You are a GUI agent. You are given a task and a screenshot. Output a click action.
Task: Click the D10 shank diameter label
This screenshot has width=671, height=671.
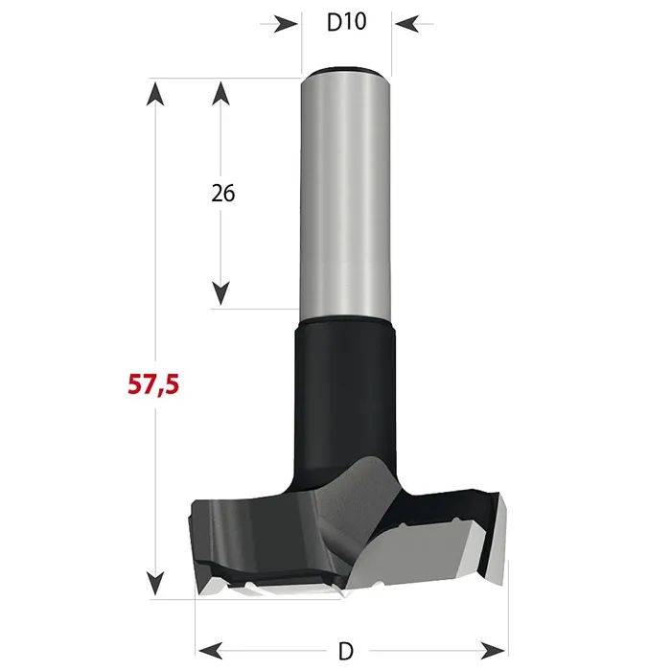pos(347,22)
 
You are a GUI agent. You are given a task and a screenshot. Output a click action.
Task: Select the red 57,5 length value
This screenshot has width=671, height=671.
pos(153,384)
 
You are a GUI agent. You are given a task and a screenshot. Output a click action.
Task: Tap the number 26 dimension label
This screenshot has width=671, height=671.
pos(223,194)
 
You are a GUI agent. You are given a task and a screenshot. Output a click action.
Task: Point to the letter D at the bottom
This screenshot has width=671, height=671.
pos(346,652)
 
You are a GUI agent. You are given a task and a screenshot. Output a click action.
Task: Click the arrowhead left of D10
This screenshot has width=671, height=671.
pos(286,24)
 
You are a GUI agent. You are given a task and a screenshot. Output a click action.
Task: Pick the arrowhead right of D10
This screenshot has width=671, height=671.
pos(407,24)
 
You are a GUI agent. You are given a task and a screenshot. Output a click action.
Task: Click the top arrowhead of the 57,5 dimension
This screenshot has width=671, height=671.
pos(155,93)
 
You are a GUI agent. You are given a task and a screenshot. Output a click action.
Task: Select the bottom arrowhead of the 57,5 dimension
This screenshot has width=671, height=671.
pos(155,584)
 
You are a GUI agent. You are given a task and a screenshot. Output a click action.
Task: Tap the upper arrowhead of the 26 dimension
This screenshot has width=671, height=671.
pos(220,93)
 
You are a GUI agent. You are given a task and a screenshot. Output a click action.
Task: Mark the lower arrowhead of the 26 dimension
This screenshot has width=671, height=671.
pos(220,293)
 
